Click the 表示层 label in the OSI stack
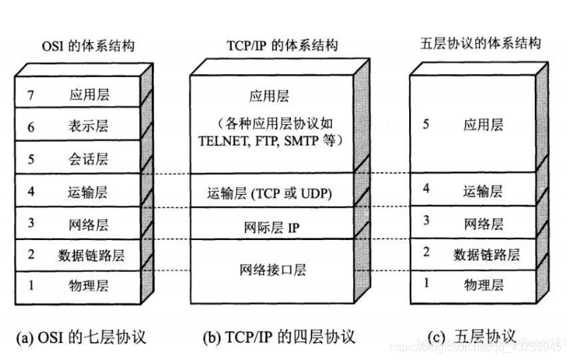[x=90, y=126]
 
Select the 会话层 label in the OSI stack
[x=90, y=159]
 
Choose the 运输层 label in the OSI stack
[x=90, y=191]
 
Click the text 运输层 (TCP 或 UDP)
[x=270, y=191]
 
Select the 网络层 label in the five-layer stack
[x=484, y=224]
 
